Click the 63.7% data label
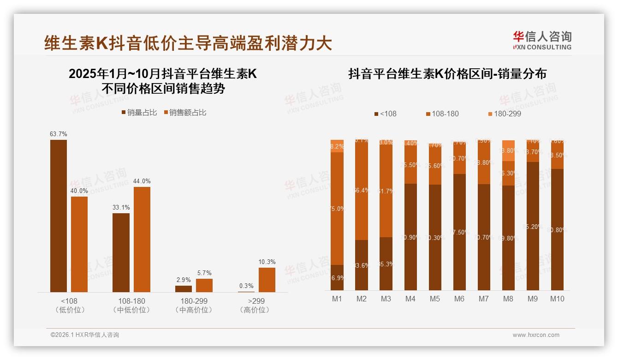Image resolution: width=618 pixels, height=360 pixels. (59, 134)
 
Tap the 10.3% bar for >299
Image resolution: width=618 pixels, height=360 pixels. (267, 280)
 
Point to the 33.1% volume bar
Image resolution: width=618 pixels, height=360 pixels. (121, 252)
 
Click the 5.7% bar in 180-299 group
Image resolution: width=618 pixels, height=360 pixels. (204, 285)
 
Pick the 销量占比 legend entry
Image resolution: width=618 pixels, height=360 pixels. (139, 113)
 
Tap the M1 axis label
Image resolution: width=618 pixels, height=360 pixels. (337, 299)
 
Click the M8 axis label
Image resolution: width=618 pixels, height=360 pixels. (508, 299)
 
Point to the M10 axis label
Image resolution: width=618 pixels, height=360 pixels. (557, 299)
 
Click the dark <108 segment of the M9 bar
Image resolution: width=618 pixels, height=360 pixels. (533, 226)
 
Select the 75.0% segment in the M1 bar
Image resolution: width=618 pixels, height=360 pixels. (337, 209)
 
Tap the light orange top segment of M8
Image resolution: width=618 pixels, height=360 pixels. (508, 150)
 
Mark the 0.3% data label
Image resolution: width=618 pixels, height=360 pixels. (246, 286)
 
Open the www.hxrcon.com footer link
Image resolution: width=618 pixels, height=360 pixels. (536, 335)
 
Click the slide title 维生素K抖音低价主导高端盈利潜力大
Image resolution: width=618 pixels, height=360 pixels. (188, 43)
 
